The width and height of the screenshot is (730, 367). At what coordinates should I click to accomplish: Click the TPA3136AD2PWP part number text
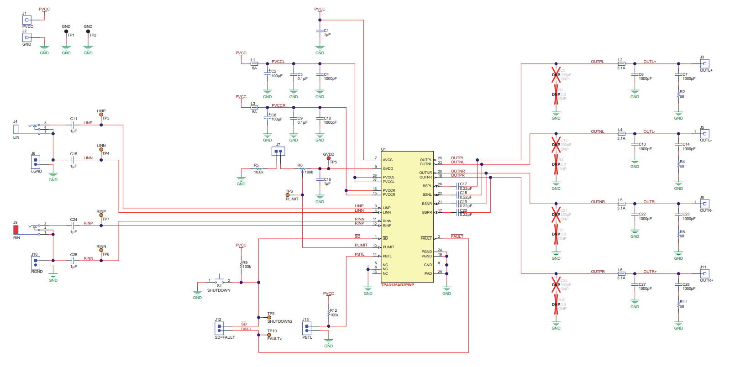397,285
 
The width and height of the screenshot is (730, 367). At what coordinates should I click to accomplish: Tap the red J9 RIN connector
16,230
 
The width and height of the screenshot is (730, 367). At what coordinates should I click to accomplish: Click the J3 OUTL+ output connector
704,64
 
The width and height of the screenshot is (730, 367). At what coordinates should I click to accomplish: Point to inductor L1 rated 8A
254,64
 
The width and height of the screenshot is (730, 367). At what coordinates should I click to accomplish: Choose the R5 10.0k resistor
258,169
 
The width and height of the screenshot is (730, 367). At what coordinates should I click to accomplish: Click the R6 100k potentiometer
302,169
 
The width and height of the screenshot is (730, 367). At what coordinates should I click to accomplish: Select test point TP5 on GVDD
329,158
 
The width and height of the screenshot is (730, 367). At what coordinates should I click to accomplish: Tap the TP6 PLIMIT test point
288,195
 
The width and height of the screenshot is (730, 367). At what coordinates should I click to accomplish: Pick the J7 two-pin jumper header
278,151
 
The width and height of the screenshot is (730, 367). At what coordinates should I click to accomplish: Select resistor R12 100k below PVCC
329,313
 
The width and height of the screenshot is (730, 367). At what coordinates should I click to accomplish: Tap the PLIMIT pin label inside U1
389,247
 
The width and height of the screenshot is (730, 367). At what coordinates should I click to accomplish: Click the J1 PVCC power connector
27,20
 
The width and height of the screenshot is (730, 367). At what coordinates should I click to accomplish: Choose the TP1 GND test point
66,32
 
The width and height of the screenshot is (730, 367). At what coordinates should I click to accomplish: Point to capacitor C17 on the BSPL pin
457,186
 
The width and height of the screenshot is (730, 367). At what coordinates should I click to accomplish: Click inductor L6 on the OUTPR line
621,273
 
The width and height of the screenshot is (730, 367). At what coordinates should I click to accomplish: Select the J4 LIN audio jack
16,129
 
